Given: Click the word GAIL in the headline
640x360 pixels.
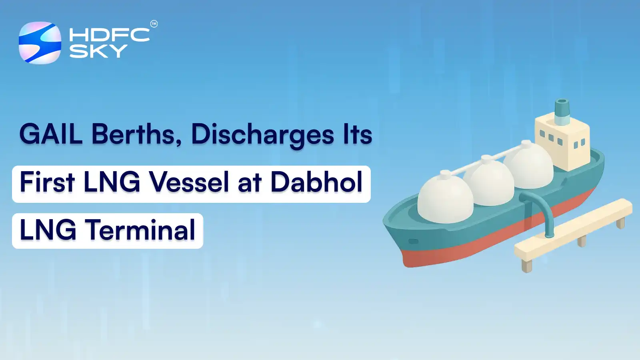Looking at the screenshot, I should (51, 134).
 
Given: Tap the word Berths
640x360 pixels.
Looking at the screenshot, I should (134, 134).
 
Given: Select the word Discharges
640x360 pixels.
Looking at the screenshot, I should (262, 135).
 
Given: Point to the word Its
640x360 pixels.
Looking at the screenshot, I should (357, 134).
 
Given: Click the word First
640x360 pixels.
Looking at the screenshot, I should (47, 182).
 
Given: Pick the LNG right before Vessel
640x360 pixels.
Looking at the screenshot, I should (112, 182).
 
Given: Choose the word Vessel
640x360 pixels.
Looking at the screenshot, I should (190, 182).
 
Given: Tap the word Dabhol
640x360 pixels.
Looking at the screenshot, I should (316, 182).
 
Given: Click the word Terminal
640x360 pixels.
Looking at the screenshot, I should (142, 230).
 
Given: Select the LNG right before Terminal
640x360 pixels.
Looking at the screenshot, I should (48, 230).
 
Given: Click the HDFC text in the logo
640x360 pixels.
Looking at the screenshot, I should (109, 35).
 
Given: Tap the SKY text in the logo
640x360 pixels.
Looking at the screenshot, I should (98, 51).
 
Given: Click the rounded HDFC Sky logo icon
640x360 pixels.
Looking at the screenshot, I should (40, 43).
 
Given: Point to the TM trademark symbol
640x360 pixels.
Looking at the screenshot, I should (154, 24).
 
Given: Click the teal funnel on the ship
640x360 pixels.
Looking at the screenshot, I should (562, 112).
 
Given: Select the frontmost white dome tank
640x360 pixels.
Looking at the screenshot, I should (445, 198).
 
